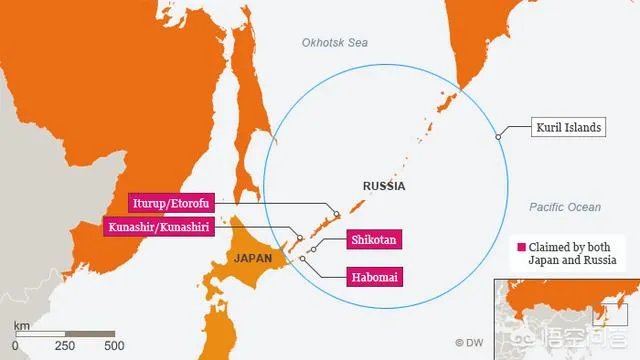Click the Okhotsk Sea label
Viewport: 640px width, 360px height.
[334, 41]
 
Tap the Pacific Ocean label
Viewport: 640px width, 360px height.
[565, 207]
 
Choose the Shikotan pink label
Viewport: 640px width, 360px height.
[375, 240]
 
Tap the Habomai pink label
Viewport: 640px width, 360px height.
[375, 276]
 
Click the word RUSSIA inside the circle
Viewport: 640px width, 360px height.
[384, 186]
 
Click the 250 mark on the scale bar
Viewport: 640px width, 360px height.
[65, 346]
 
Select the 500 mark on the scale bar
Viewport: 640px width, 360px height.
[114, 346]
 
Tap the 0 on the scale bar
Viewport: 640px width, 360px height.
[15, 346]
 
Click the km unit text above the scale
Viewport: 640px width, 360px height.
[21, 326]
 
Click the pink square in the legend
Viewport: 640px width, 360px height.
[520, 246]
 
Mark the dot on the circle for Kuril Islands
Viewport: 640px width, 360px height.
[497, 135]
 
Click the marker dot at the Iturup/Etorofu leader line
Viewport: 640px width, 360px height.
[337, 214]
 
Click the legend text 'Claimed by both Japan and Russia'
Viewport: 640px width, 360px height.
[571, 253]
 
